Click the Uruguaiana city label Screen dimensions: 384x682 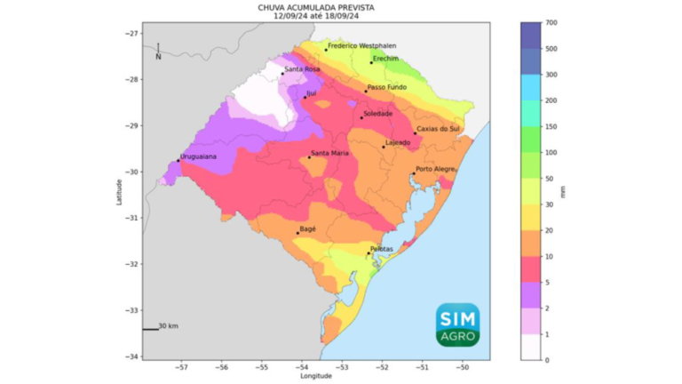[x=199, y=156]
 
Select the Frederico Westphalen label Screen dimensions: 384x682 [x=362, y=45]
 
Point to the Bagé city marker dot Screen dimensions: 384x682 [x=297, y=233]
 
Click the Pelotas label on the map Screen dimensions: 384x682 [x=381, y=250]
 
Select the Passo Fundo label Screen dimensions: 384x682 [x=387, y=87]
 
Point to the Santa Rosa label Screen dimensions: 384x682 [x=301, y=69]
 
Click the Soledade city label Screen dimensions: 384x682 [x=377, y=113]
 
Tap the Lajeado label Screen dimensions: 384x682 [x=397, y=142]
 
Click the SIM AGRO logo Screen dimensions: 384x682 [x=457, y=324]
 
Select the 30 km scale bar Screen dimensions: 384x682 [x=150, y=329]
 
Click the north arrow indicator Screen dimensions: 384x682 [x=158, y=51]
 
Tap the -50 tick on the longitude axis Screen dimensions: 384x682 [x=463, y=366]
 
